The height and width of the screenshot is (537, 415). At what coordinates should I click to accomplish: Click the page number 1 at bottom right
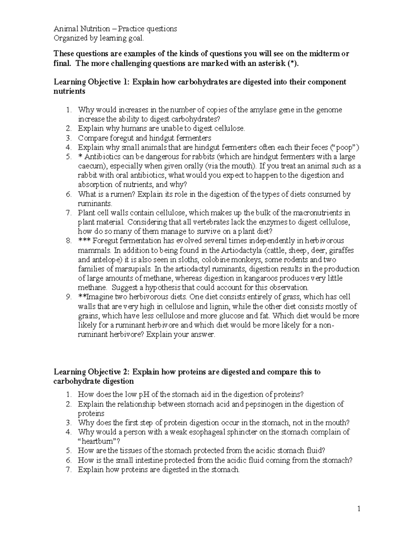359,509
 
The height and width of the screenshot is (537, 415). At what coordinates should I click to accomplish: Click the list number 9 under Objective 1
68,297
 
